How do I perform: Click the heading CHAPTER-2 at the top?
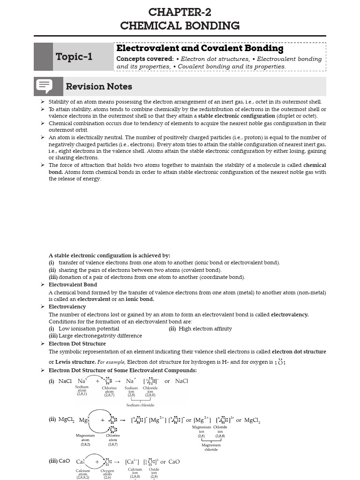tap(180, 12)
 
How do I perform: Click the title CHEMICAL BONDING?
tap(180, 26)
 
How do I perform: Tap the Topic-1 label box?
tap(74, 57)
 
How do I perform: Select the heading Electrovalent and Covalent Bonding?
tap(200, 48)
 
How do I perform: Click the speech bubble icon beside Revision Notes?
tap(44, 87)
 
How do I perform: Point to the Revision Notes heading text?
tap(99, 87)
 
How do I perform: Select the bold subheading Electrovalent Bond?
tap(73, 285)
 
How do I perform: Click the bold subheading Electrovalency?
tap(67, 307)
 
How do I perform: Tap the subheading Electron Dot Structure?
tap(77, 344)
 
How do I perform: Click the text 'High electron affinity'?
tap(205, 329)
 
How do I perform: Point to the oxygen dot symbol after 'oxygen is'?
tap(280, 362)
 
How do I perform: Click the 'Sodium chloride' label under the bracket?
tap(140, 405)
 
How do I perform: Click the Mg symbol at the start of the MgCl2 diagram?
tap(83, 420)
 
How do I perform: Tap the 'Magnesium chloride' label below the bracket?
tap(211, 447)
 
